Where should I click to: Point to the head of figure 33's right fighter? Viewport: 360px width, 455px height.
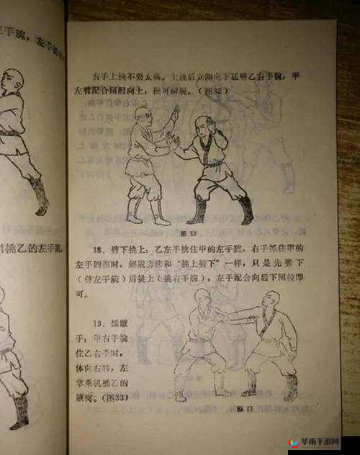point(269,301)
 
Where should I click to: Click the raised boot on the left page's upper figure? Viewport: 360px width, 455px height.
point(40,194)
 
